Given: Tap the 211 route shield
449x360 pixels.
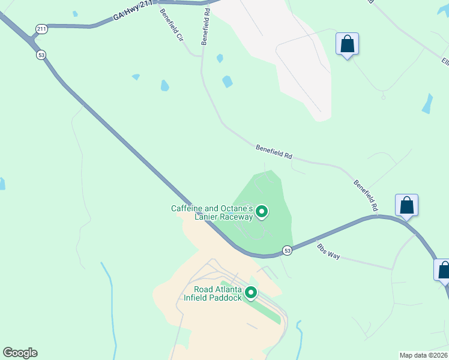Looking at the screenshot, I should [x=41, y=28].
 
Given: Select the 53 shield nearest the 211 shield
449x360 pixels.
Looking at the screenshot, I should [x=41, y=55].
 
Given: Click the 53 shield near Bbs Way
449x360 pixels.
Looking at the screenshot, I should [x=288, y=250].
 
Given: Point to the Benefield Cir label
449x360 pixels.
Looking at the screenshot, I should [x=171, y=25].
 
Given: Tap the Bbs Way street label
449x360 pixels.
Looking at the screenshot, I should [x=328, y=251].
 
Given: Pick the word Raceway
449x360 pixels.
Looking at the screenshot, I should [x=236, y=217].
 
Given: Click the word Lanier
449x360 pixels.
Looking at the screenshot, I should [x=206, y=217].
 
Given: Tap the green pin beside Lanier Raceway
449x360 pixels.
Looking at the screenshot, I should [x=262, y=211].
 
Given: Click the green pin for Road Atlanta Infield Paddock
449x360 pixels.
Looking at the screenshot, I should [x=251, y=293].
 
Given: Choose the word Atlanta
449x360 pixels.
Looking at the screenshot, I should [x=231, y=289].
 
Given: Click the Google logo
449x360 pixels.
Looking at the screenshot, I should [x=20, y=353].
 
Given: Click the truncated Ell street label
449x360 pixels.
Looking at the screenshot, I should [x=445, y=62].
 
